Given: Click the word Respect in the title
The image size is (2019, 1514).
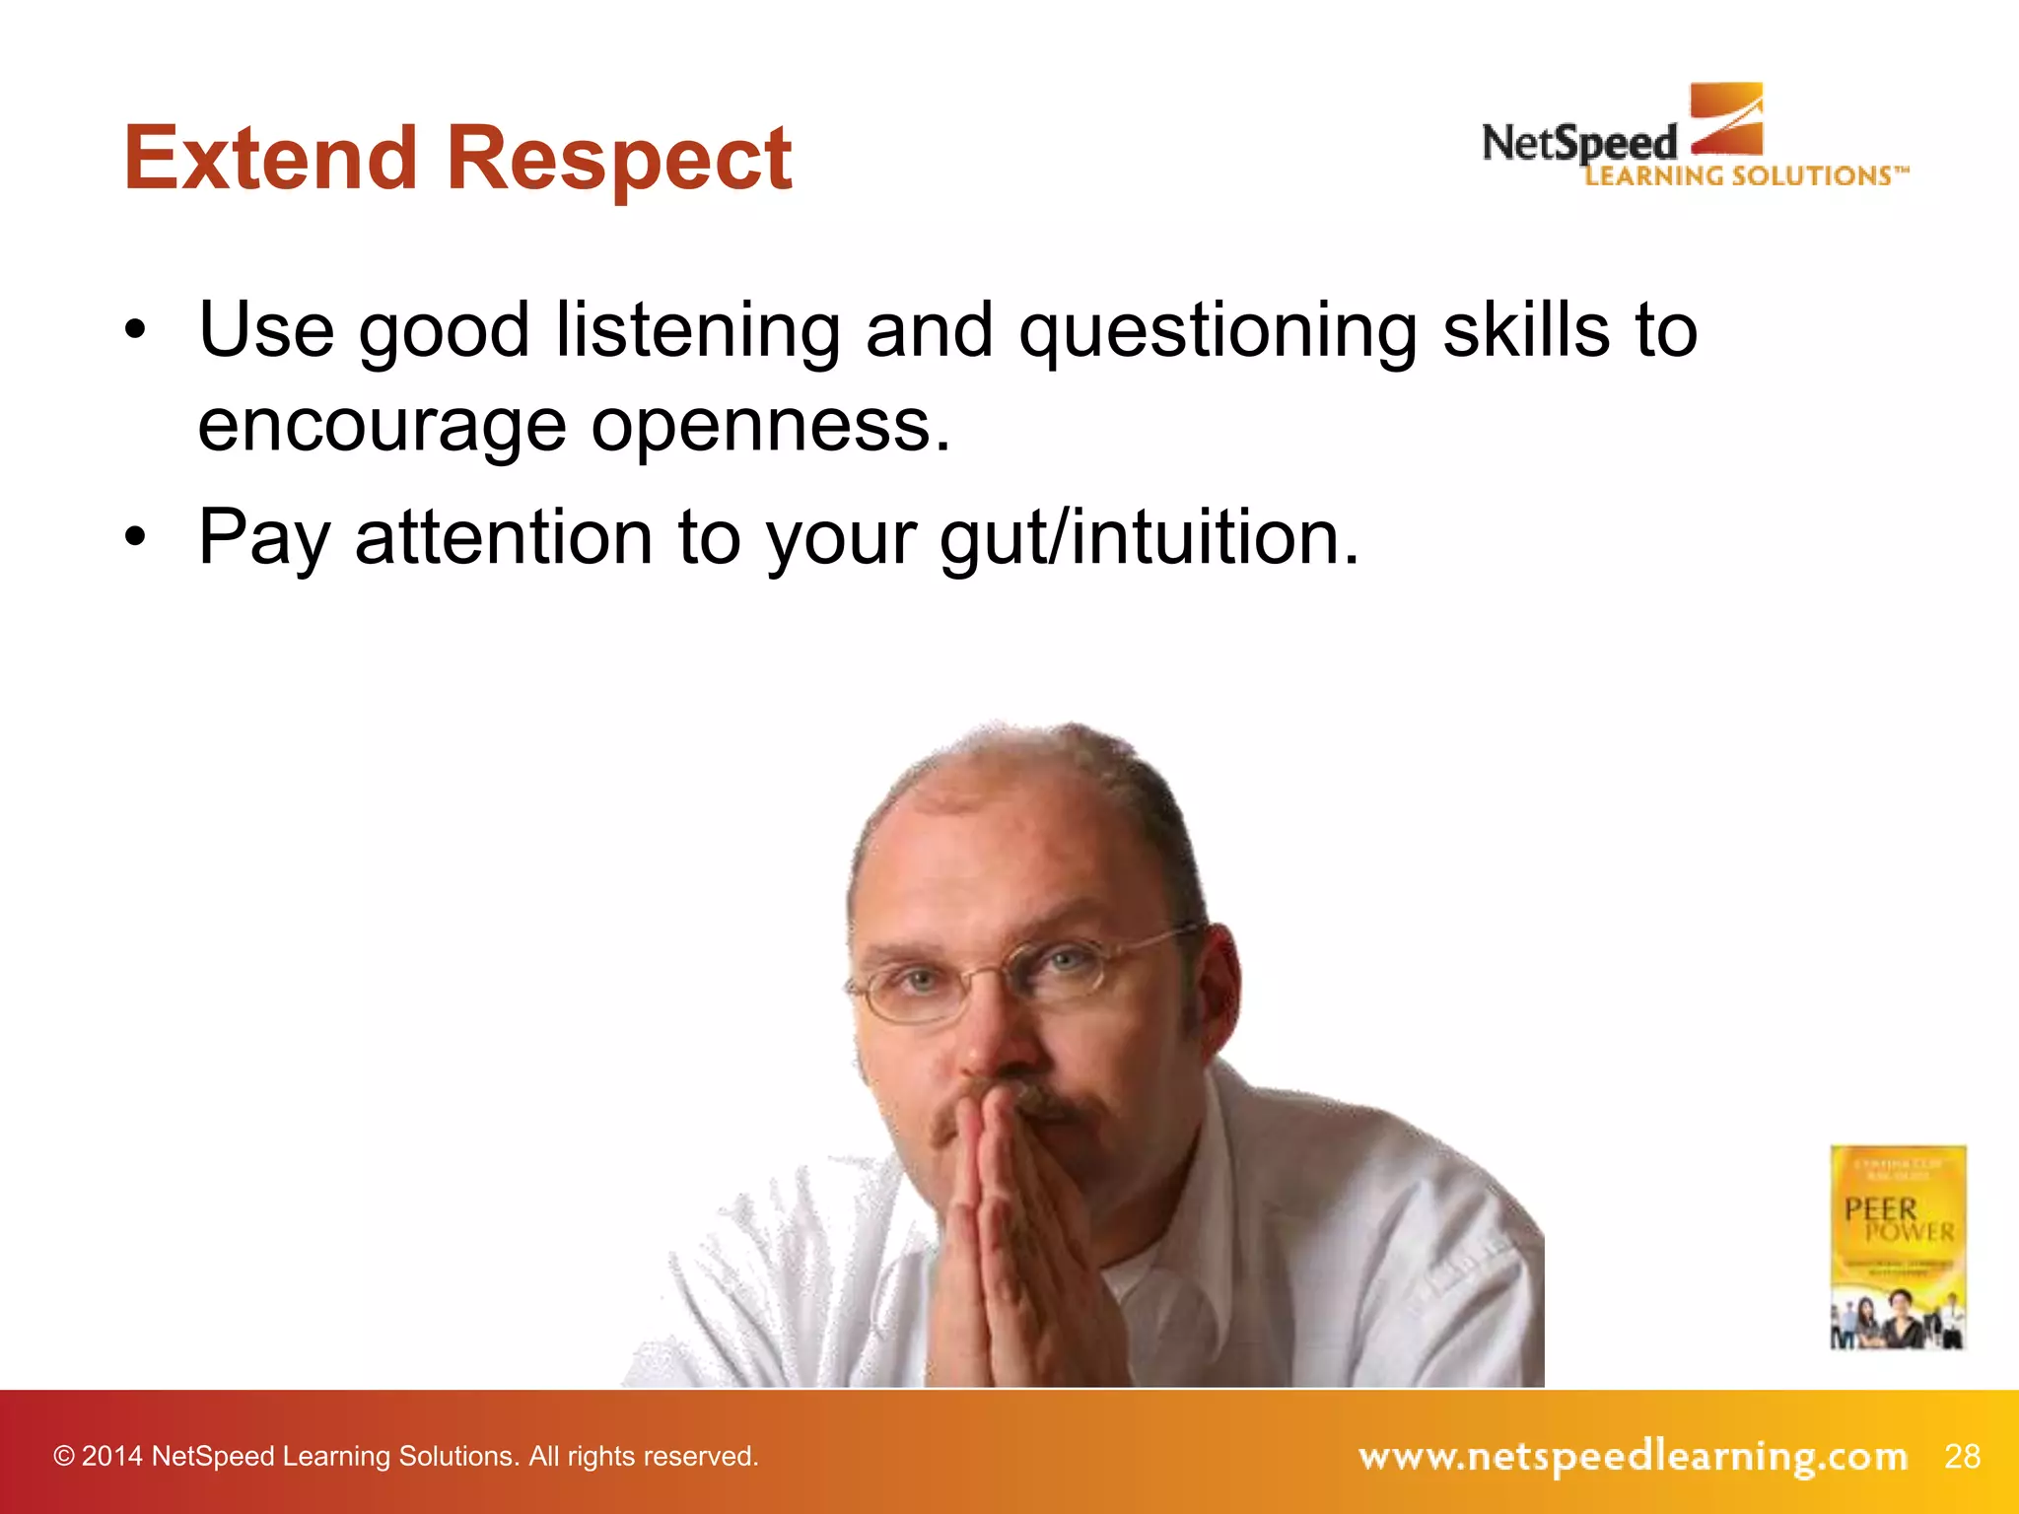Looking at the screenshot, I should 619,160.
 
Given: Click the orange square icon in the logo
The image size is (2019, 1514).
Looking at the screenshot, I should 1726,118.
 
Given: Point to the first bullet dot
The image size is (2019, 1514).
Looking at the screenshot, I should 135,330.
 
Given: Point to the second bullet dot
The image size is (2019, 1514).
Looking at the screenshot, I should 135,537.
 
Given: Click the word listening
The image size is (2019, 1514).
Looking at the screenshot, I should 698,330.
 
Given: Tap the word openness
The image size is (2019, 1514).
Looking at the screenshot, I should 771,426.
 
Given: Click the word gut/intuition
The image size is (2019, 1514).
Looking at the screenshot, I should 1149,538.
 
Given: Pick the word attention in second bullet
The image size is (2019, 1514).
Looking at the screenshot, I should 503,538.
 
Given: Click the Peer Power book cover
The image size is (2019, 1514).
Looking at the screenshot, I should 1898,1246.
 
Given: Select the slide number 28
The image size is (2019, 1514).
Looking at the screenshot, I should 1962,1456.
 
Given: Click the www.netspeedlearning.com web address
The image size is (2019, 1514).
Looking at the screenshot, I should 1633,1456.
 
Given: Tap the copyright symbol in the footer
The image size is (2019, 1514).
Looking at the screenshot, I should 64,1457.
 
